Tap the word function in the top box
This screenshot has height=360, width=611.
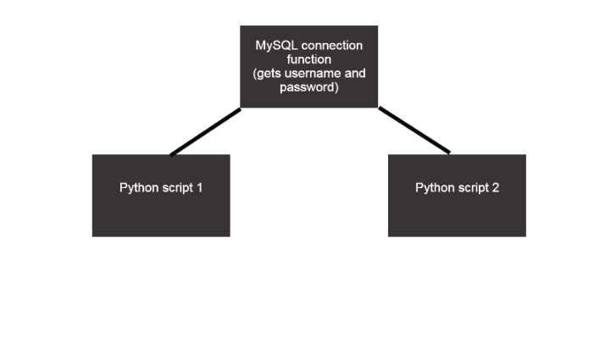coord(308,59)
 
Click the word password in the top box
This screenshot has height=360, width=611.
coord(308,88)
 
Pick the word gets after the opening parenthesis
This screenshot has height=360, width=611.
coord(270,74)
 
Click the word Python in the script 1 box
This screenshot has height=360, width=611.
coord(137,187)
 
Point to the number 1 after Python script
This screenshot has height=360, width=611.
coord(199,187)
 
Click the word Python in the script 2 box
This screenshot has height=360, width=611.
coord(433,187)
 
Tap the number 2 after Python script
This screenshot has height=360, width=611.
coord(496,187)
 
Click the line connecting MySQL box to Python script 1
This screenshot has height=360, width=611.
coord(206,131)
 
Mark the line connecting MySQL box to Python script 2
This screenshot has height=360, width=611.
coord(414,130)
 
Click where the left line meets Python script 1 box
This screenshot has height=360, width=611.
coord(172,154)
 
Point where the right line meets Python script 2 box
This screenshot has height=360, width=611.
coord(448,153)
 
